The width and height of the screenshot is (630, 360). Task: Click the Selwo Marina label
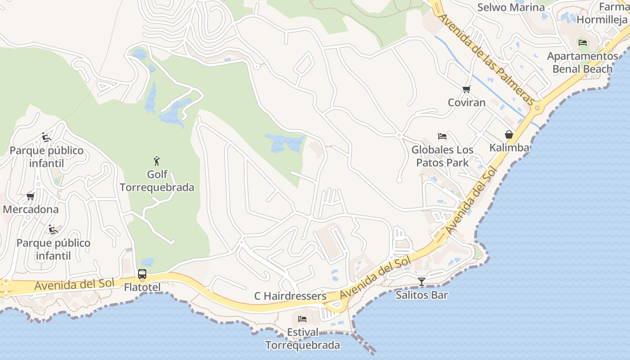click(x=511, y=7)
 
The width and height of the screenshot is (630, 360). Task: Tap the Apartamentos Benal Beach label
click(x=583, y=63)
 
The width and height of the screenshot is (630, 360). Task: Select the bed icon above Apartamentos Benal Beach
click(x=583, y=43)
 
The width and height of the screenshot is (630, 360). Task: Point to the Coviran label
click(x=467, y=102)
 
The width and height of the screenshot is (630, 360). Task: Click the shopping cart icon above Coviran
click(x=467, y=89)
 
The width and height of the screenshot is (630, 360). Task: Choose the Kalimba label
click(x=509, y=148)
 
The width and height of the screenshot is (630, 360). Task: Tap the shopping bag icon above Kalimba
click(x=509, y=135)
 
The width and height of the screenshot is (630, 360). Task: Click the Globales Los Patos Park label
click(x=442, y=156)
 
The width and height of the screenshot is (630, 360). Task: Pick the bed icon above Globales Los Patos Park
click(x=442, y=136)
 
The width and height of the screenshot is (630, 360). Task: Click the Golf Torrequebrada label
click(x=157, y=181)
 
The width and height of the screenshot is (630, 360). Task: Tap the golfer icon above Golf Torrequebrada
click(x=157, y=161)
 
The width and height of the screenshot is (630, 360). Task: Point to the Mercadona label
click(x=31, y=209)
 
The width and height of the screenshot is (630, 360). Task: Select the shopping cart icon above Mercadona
click(x=31, y=196)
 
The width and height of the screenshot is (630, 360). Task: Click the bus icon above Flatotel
click(x=142, y=274)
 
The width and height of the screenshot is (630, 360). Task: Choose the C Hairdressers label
click(x=290, y=296)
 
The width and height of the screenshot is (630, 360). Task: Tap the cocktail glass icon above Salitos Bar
click(x=422, y=282)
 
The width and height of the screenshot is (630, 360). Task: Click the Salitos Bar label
click(x=422, y=295)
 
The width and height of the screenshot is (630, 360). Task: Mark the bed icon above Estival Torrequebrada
click(x=302, y=319)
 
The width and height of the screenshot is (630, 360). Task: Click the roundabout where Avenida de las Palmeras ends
click(x=537, y=108)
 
